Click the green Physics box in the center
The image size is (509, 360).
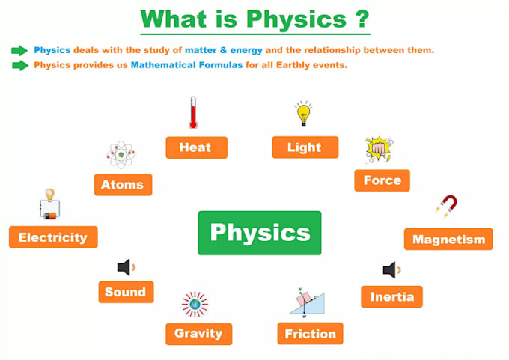[x=259, y=233]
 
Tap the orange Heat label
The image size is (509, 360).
[x=196, y=147]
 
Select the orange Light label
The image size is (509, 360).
[x=305, y=147]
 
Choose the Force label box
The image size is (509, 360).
[x=382, y=180]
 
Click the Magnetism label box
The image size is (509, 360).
[x=448, y=240]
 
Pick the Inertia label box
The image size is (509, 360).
[x=391, y=296]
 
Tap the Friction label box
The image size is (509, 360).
[x=310, y=333]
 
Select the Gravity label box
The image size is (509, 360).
[x=198, y=333]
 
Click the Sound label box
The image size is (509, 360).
[x=126, y=292]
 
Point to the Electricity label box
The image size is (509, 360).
[x=53, y=237]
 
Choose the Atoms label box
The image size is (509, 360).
[x=124, y=184]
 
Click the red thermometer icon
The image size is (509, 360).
[x=192, y=113]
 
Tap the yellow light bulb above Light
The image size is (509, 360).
[x=303, y=114]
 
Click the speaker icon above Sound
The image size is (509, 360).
[x=126, y=267]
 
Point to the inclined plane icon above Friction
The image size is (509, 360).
[x=307, y=302]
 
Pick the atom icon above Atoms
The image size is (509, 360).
[x=121, y=154]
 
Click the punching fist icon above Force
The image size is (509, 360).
[x=379, y=150]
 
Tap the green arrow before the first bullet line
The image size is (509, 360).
[x=19, y=50]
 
